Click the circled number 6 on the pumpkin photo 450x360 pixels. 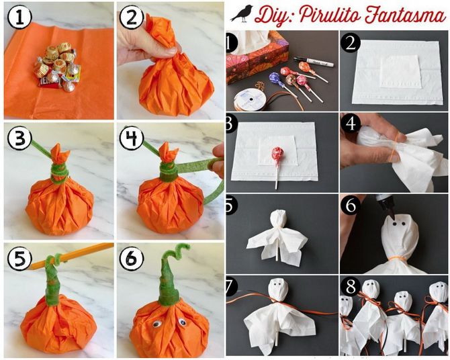point(132,259)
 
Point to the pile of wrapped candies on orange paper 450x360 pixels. point(57,67)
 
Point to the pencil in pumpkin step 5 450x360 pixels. point(72,256)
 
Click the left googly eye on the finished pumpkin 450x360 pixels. point(156,324)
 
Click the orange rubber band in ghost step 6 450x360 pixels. point(395,258)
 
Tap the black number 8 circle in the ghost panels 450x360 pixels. point(351,287)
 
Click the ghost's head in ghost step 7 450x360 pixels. point(277,289)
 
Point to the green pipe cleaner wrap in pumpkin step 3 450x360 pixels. point(60,173)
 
